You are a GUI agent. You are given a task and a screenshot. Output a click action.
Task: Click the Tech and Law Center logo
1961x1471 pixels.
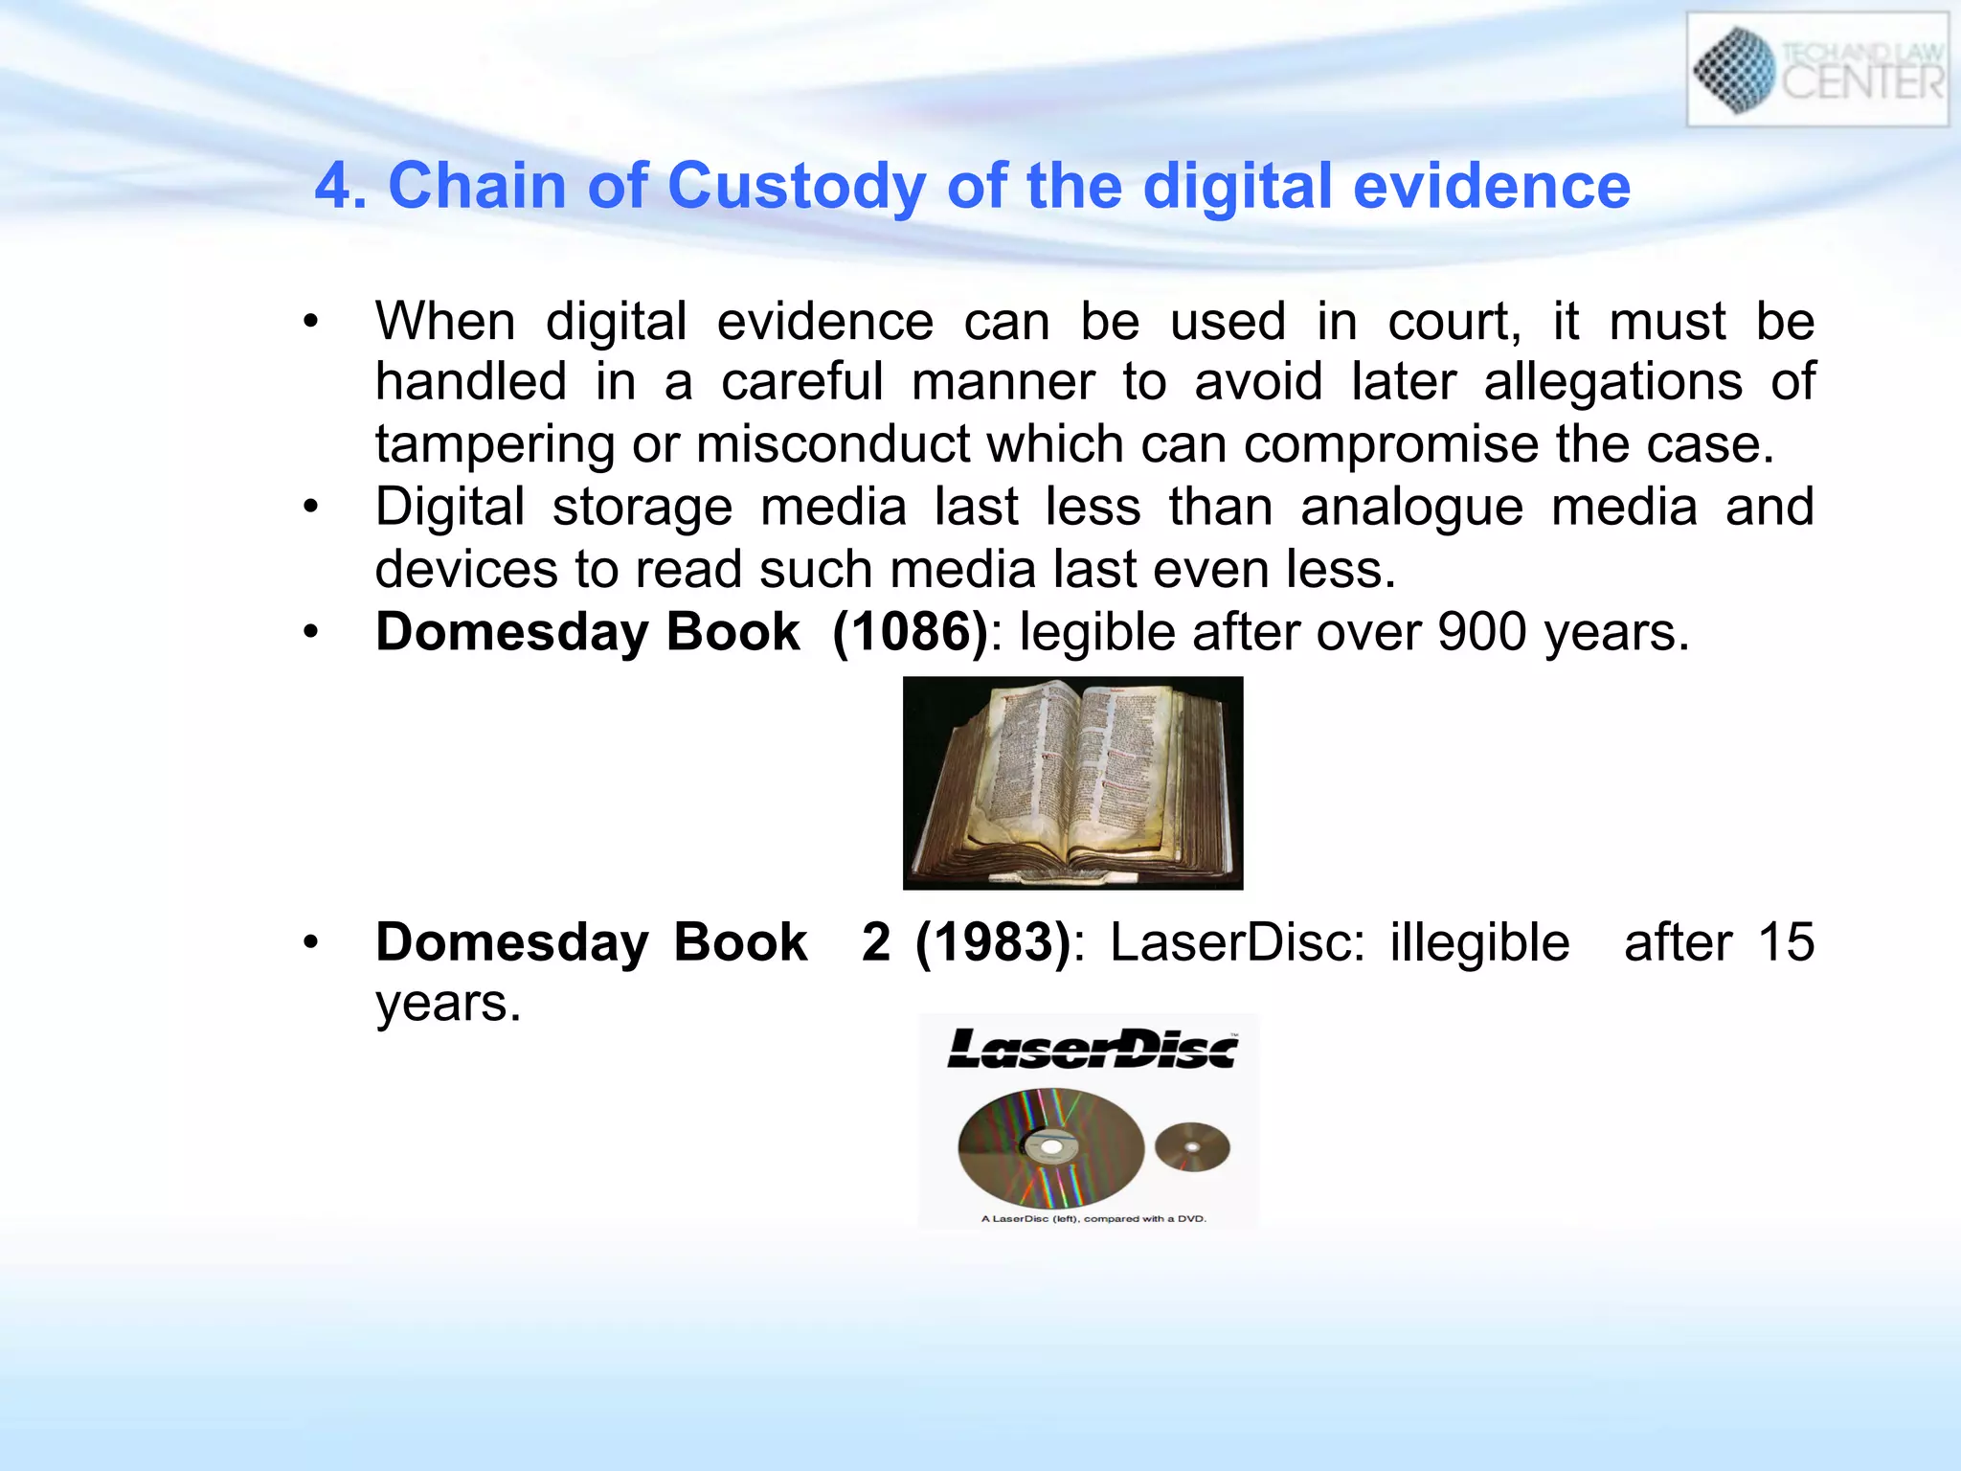[1816, 69]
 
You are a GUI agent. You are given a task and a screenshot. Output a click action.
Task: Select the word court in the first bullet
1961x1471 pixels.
[1454, 322]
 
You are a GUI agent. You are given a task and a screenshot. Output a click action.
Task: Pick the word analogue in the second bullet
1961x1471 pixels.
[1411, 507]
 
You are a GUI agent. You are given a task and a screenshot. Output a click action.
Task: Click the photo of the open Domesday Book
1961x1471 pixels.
[1072, 782]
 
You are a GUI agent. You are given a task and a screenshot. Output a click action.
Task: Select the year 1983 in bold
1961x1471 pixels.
[992, 942]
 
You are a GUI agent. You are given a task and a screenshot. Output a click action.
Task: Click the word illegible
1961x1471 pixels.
[1479, 942]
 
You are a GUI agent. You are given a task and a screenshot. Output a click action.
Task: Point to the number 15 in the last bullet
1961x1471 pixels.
[1786, 942]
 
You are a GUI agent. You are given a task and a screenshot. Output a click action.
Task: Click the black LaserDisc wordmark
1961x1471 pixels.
[1092, 1049]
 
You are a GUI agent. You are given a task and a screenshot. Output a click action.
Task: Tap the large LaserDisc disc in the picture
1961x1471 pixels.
[1050, 1146]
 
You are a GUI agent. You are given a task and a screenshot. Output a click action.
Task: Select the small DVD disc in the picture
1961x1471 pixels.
[1192, 1146]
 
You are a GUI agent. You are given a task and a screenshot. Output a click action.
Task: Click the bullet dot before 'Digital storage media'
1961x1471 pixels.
[309, 507]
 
